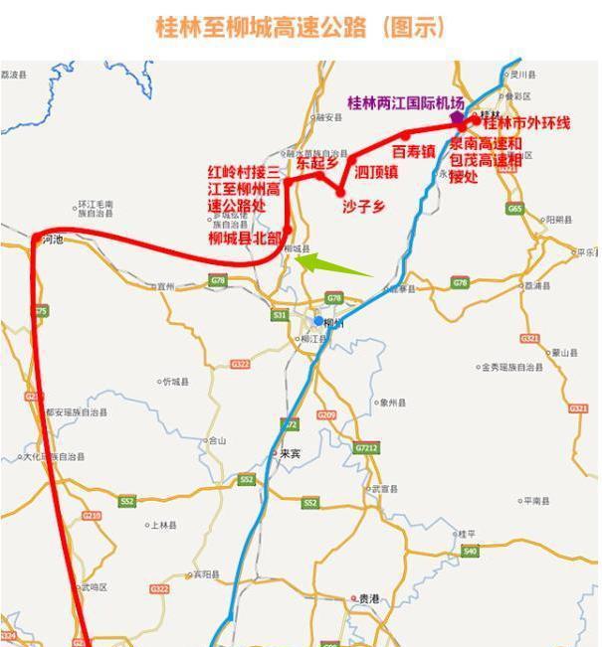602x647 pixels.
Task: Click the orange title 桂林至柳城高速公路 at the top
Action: coord(301,27)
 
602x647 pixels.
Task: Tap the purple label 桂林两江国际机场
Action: coord(405,102)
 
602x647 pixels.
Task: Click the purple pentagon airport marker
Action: coord(457,118)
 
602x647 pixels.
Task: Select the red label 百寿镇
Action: coord(413,152)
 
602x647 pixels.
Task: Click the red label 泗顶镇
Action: coord(376,171)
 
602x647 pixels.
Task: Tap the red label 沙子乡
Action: coord(363,206)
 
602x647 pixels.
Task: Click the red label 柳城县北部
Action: coord(245,239)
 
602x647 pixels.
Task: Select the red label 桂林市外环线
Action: coord(526,123)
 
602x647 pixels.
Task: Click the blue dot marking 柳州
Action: coord(318,321)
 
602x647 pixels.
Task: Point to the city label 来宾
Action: coord(289,453)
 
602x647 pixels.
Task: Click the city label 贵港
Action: coord(367,598)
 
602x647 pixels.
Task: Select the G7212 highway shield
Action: coord(366,448)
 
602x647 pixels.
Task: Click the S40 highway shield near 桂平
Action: coord(470,551)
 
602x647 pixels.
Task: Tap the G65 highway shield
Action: coord(513,209)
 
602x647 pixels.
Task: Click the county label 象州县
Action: coord(392,403)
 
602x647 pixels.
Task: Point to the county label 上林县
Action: coord(163,525)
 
